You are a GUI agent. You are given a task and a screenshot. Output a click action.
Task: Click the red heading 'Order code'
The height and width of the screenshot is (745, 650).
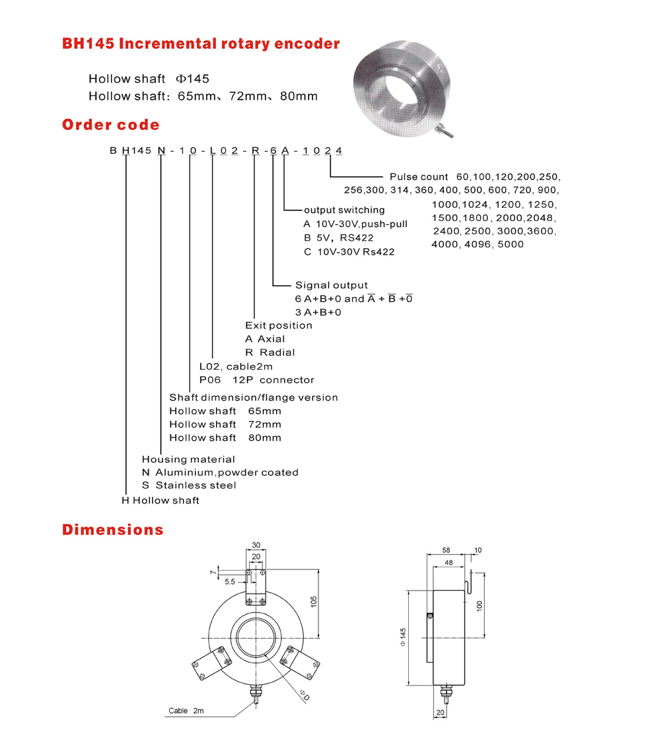click(110, 125)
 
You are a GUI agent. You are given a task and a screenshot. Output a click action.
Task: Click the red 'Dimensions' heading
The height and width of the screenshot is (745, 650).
click(112, 529)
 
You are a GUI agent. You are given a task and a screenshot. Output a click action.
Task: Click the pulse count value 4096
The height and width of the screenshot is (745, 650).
click(474, 244)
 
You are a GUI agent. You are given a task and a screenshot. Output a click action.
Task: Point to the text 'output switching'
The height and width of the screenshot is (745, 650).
click(344, 210)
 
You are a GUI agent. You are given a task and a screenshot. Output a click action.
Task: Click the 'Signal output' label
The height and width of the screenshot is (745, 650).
click(331, 285)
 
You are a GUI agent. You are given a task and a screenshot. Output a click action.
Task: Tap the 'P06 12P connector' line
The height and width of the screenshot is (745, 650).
click(256, 380)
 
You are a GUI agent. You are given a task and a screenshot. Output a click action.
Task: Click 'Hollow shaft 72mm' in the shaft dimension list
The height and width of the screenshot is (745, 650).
click(225, 424)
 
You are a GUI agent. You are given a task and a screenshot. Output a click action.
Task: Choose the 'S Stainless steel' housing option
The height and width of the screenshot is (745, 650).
click(189, 486)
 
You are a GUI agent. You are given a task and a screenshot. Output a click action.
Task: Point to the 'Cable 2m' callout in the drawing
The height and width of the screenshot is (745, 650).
click(186, 711)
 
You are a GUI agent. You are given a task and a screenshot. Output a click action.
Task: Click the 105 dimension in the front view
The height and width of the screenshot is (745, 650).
click(314, 602)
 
